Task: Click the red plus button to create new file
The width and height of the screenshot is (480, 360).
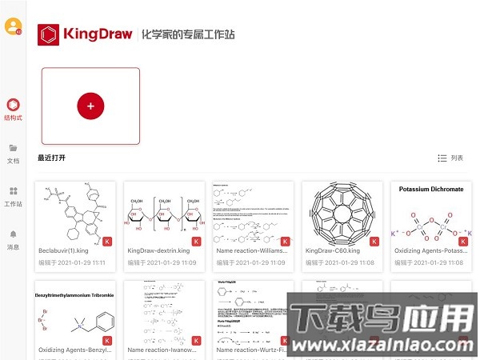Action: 90,106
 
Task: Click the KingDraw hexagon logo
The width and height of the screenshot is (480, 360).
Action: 49,34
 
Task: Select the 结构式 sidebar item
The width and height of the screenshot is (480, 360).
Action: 13,110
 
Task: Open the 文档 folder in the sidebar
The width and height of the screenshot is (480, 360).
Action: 13,153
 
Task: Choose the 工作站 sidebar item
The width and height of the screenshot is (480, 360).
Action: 13,196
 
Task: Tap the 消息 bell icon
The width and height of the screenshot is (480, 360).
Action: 13,239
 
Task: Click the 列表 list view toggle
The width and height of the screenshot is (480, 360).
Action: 450,158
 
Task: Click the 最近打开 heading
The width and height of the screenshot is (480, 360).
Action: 51,158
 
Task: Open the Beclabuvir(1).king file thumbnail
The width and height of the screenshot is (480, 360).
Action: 74,212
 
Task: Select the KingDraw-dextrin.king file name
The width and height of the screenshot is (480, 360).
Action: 158,250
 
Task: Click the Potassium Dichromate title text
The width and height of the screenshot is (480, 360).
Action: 430,190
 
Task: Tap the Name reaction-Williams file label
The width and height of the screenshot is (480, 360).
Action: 250,250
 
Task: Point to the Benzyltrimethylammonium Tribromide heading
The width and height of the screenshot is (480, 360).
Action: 75,295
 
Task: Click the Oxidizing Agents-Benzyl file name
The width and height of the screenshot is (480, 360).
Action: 74,350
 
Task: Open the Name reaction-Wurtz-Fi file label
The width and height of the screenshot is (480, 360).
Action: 250,350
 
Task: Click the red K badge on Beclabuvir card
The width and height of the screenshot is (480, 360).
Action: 107,241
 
